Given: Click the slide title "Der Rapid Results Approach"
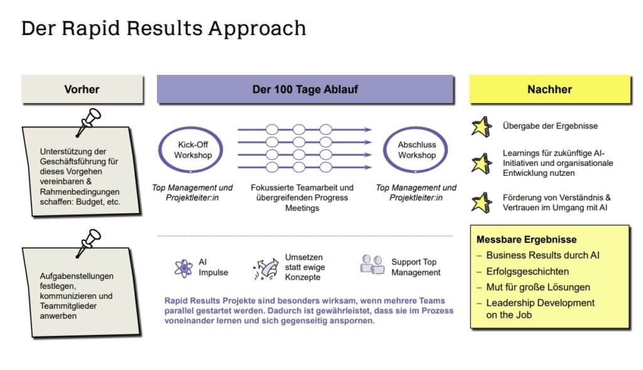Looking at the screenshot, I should (163, 28).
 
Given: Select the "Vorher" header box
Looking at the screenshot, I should (82, 89).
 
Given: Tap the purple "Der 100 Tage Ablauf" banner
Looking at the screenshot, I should (305, 89).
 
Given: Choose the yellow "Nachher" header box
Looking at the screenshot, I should (549, 89).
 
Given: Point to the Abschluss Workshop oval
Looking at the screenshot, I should (416, 150).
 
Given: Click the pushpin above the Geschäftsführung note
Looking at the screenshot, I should (89, 122).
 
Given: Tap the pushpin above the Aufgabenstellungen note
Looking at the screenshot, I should (89, 241).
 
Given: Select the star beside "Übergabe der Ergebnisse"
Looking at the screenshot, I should (482, 127).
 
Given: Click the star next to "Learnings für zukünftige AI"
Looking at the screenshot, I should (482, 163).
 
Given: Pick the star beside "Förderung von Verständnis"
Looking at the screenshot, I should (482, 202).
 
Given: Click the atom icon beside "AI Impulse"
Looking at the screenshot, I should (183, 268).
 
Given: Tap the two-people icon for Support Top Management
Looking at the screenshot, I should (372, 264).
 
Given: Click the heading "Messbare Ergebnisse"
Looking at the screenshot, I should (526, 239).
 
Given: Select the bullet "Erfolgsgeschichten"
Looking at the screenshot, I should (527, 271).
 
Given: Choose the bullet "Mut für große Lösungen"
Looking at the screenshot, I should (538, 287).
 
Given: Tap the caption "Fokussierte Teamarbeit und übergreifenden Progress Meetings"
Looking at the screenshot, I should (302, 197).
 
